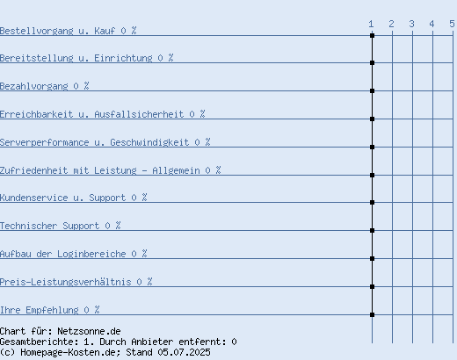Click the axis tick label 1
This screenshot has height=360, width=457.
(x=371, y=24)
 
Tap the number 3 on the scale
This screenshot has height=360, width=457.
(x=412, y=24)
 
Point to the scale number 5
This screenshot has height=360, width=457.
(x=452, y=24)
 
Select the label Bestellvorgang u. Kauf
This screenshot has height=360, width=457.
(x=57, y=31)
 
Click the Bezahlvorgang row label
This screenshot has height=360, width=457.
(x=34, y=86)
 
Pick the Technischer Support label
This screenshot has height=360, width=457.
(x=49, y=226)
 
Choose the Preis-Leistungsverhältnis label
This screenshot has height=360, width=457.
(x=65, y=282)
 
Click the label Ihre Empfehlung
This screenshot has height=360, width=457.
(x=40, y=310)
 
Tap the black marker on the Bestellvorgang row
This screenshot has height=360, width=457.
(x=372, y=35)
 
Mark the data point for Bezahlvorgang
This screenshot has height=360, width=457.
(x=372, y=91)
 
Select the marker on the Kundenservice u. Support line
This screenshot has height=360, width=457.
(x=372, y=202)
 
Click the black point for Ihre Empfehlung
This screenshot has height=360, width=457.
(x=372, y=314)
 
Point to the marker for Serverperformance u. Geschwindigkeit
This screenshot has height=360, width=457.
(x=372, y=147)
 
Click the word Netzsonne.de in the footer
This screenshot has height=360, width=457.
(x=89, y=331)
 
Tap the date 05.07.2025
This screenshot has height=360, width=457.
(x=184, y=352)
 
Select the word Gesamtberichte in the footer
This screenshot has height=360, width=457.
(x=39, y=342)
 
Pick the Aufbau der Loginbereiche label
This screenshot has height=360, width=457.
(x=62, y=254)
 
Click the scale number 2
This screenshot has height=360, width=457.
(x=391, y=24)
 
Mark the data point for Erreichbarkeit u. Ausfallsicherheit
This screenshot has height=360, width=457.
(x=372, y=119)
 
